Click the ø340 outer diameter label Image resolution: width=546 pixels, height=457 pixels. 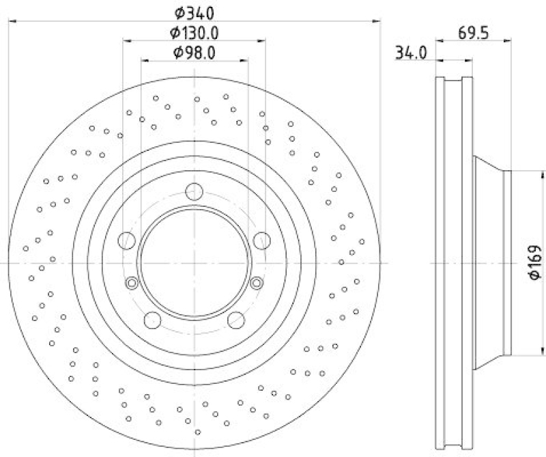coord(195,12)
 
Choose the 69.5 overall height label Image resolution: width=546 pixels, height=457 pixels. coord(474,32)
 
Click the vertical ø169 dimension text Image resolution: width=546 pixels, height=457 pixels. coord(534,262)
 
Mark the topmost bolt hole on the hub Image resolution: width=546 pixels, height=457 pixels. coord(195,192)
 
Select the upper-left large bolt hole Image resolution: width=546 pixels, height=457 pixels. coord(126,240)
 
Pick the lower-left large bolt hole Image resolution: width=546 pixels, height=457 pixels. coord(152,319)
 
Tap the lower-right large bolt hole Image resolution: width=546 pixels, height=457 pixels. coord(236,319)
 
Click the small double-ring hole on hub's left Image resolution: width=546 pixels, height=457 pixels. coord(132,282)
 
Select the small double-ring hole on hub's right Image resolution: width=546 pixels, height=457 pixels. coord(257,282)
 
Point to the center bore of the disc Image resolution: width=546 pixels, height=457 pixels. coord(195,262)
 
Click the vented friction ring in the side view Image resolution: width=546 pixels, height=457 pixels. coord(454,262)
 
